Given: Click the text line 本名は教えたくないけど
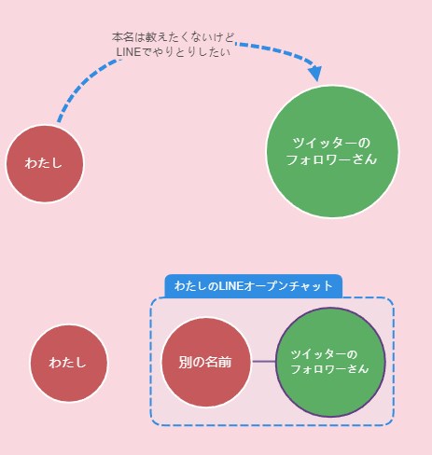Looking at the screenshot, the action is [173, 37].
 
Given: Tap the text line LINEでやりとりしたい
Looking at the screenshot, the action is [174, 52].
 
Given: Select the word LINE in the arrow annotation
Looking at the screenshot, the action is [129, 52].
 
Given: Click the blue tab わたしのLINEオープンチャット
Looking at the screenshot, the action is [254, 286].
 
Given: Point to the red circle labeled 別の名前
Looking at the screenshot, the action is [206, 362].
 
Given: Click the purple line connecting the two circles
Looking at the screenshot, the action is [264, 362].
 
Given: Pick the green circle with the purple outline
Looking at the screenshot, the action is [330, 362].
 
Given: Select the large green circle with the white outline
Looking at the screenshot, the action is [332, 152].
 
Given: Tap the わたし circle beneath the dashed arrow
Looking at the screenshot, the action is [45, 164].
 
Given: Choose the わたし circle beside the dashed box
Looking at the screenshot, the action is [69, 364].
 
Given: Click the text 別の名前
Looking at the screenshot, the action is [205, 363].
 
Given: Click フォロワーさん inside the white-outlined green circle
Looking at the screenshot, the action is [331, 159].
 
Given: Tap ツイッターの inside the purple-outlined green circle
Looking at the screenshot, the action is [324, 354].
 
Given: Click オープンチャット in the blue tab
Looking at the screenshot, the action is [288, 286].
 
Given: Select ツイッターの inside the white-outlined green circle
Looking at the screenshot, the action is [331, 144].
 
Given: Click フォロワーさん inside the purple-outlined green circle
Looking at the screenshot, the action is [329, 369].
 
